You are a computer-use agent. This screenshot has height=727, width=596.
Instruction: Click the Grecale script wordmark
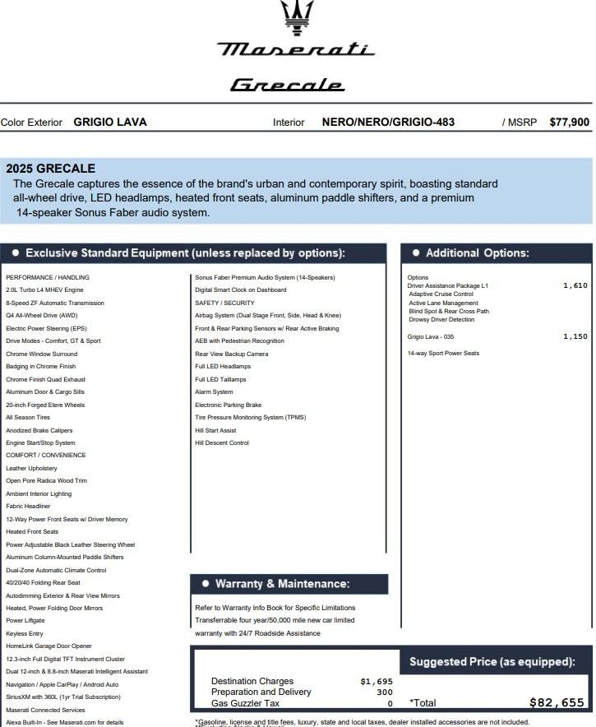tap(287, 85)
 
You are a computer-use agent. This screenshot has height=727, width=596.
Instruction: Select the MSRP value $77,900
tap(569, 123)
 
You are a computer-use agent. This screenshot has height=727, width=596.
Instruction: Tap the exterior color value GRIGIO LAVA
tap(110, 123)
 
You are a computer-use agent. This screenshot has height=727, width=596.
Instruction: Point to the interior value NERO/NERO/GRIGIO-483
tap(388, 123)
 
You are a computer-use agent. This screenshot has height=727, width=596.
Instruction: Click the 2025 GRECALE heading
tap(50, 169)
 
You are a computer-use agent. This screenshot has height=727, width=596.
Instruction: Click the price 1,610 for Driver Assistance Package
tap(575, 285)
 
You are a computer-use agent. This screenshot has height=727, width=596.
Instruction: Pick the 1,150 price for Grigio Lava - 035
tap(575, 336)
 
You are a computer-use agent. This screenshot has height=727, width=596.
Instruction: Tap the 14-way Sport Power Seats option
tap(443, 354)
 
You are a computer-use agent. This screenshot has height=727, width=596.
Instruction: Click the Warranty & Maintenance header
tap(282, 584)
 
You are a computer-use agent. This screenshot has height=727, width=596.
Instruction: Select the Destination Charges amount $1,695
tap(377, 681)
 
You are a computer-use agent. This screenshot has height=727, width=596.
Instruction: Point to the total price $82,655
tap(557, 703)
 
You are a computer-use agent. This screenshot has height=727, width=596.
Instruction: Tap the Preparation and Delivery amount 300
tap(385, 692)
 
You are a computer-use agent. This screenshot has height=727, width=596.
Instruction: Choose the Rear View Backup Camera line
tap(231, 354)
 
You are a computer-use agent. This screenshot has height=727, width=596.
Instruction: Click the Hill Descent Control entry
tap(221, 443)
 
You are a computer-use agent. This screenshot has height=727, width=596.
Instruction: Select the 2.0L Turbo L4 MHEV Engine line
tap(44, 290)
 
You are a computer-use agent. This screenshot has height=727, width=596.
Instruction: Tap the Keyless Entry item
tap(25, 634)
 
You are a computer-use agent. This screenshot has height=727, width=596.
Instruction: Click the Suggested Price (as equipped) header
tap(492, 662)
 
